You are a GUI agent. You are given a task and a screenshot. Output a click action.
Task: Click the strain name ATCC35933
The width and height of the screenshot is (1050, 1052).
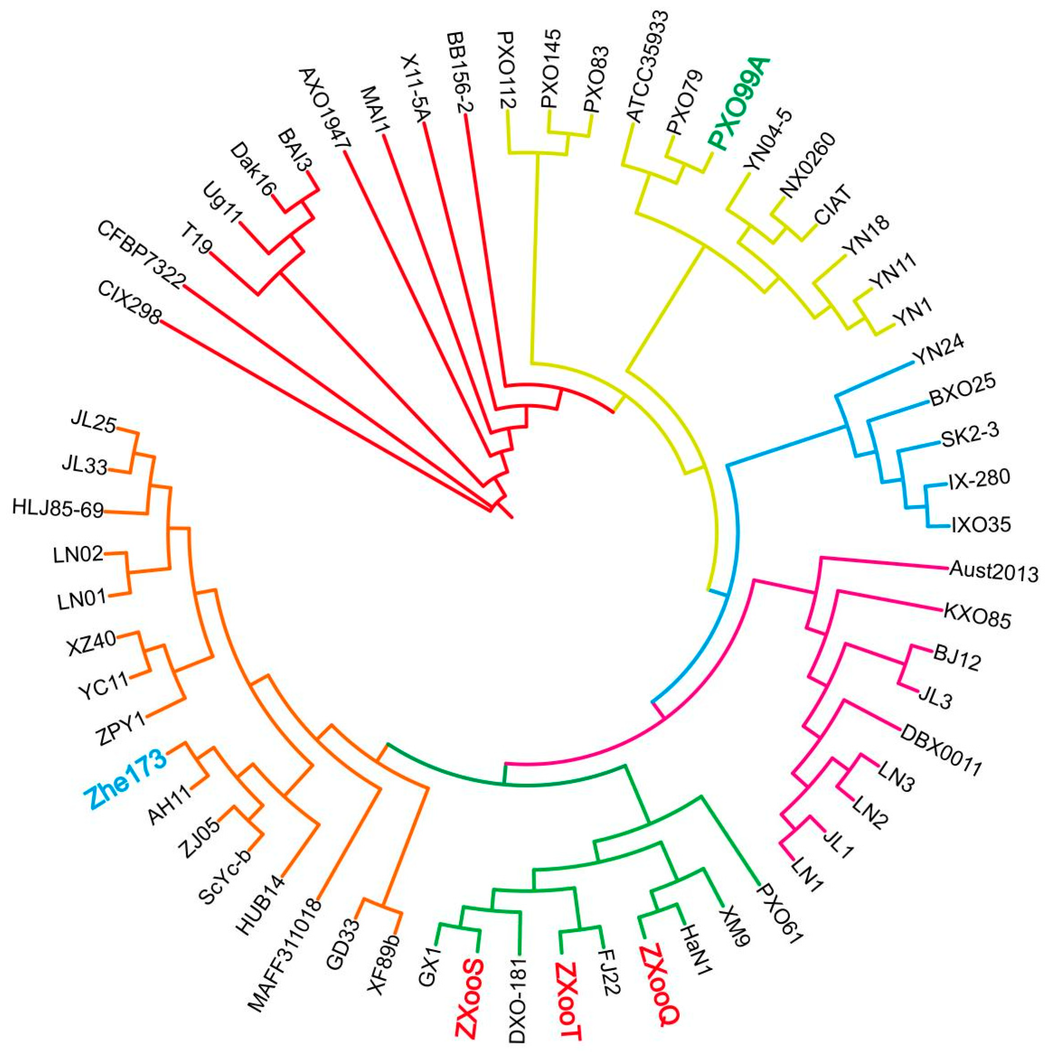pyautogui.click(x=648, y=64)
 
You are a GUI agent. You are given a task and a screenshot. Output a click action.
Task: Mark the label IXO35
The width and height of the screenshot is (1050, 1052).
pyautogui.click(x=981, y=525)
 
